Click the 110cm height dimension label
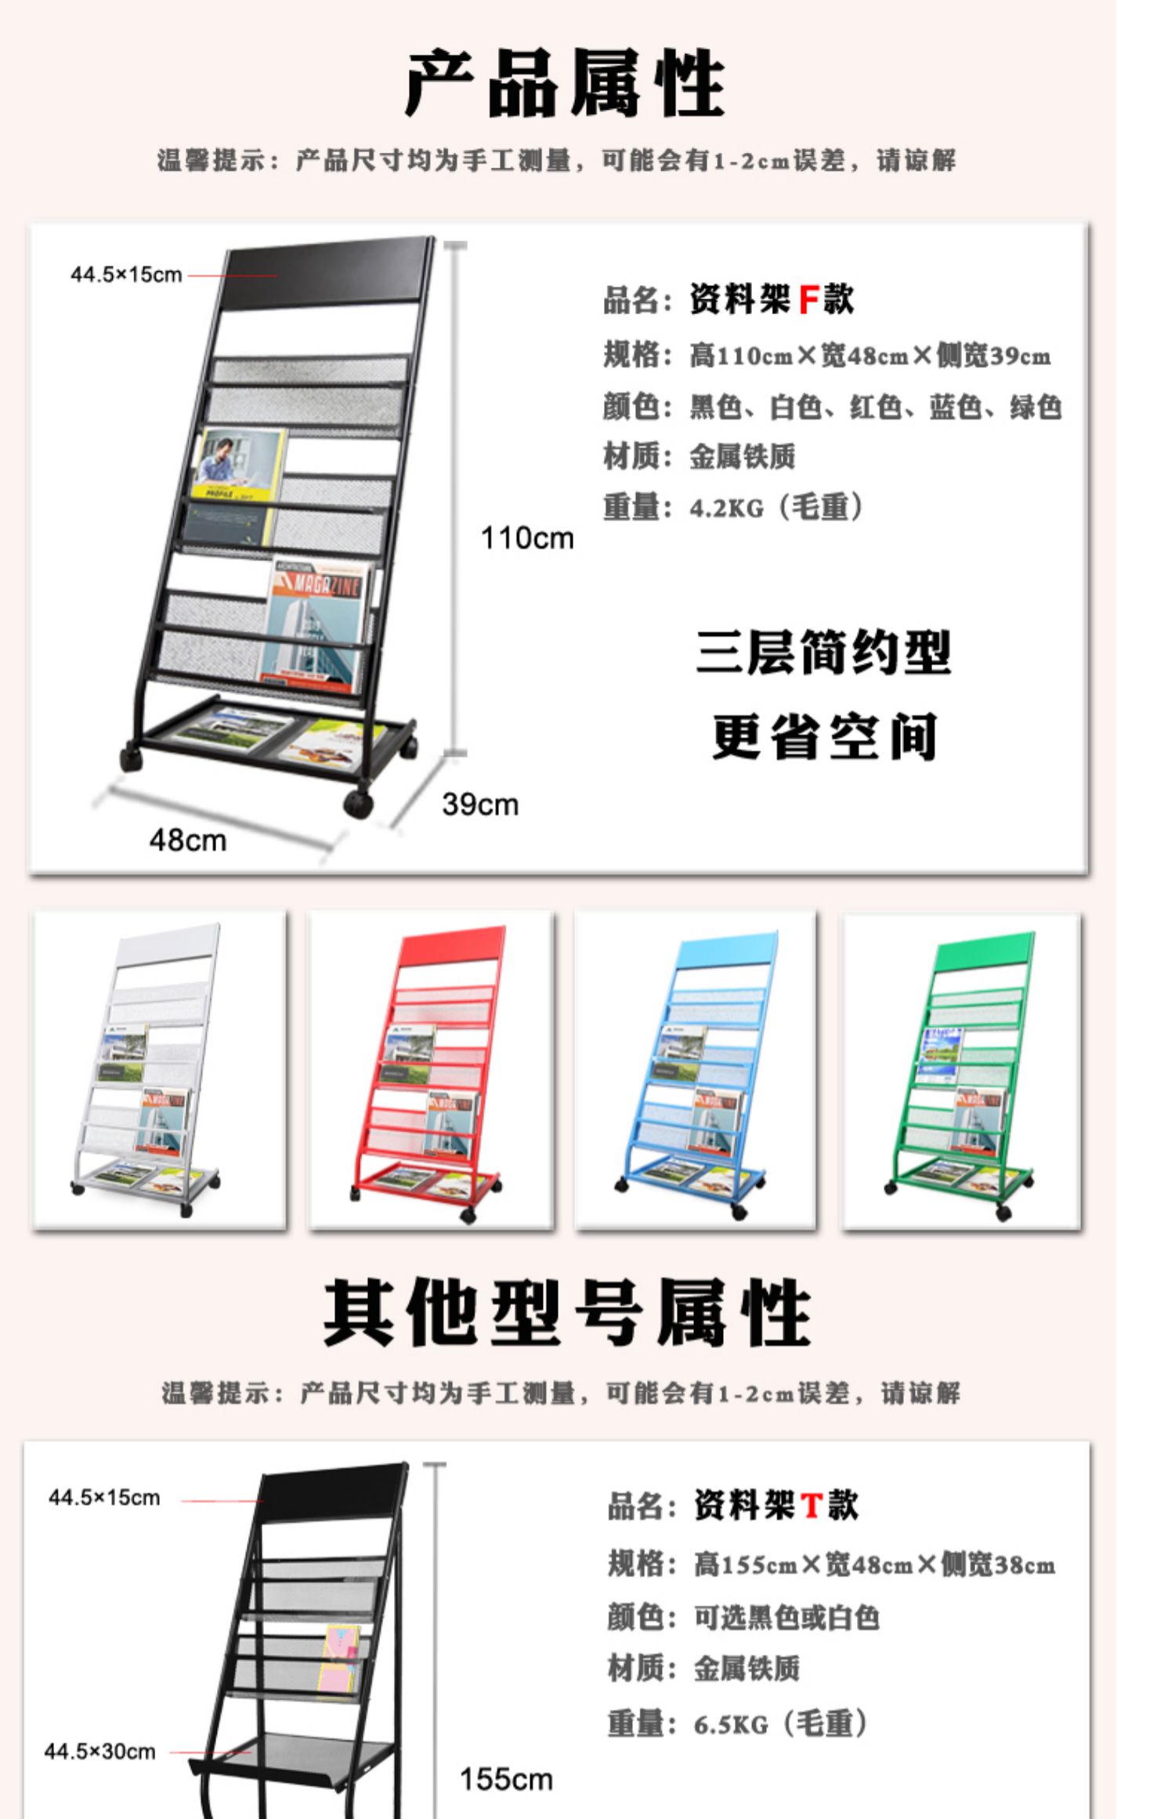526,539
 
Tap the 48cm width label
187,841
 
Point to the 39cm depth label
479,805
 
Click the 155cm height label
505,1779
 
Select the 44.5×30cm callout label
99,1752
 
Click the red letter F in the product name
808,299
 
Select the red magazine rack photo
431,1070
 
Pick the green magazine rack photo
962,1070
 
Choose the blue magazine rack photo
696,1070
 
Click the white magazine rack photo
159,1070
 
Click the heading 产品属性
564,83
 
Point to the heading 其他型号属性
566,1312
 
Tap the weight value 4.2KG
725,508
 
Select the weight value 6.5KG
730,1724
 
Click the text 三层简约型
823,653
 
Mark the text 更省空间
823,736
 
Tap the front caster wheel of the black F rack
357,803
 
